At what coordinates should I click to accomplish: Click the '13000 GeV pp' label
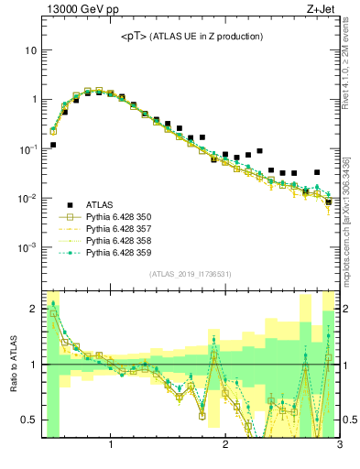[81, 10]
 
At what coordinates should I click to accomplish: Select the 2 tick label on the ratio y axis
[32, 309]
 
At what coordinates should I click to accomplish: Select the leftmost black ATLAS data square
[53, 145]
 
